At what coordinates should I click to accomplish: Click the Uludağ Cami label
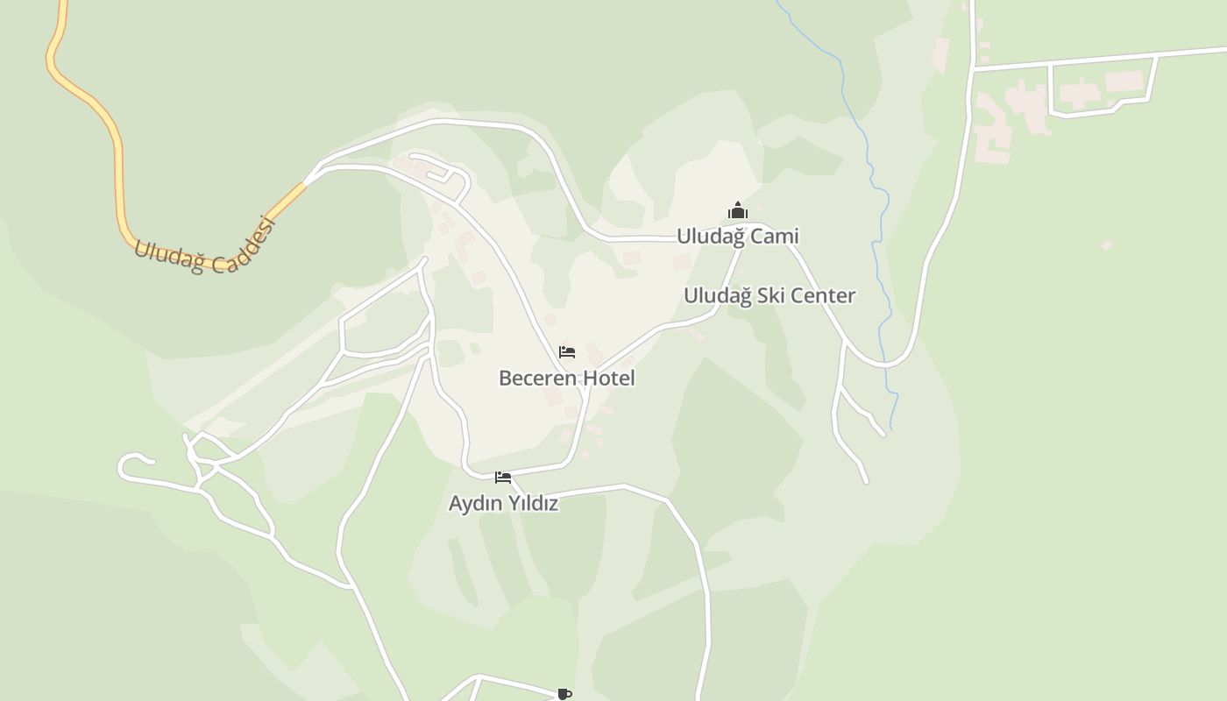737,237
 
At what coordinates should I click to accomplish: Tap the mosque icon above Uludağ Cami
738,210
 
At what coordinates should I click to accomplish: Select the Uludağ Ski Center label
769,295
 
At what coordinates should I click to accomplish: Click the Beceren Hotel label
566,379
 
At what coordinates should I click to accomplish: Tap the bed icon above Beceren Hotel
567,352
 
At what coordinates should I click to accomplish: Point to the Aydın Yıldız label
503,504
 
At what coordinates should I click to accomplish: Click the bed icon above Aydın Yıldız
503,478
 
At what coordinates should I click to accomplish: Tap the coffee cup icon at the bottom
564,694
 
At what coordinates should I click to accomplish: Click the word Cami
775,237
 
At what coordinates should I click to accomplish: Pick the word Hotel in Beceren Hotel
608,379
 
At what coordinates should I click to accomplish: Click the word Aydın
474,504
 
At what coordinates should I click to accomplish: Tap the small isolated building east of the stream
1107,245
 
